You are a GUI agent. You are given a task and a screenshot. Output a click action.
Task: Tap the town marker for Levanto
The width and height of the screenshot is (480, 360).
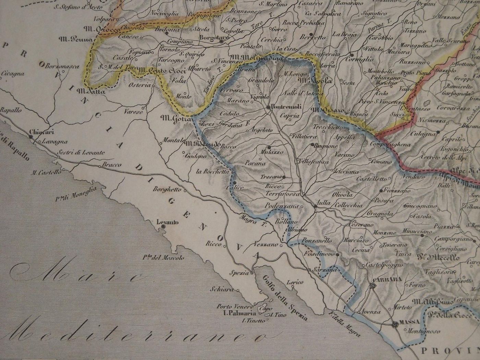[x=163, y=227]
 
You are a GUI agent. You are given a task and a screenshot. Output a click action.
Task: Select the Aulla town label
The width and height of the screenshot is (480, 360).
[x=324, y=203]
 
